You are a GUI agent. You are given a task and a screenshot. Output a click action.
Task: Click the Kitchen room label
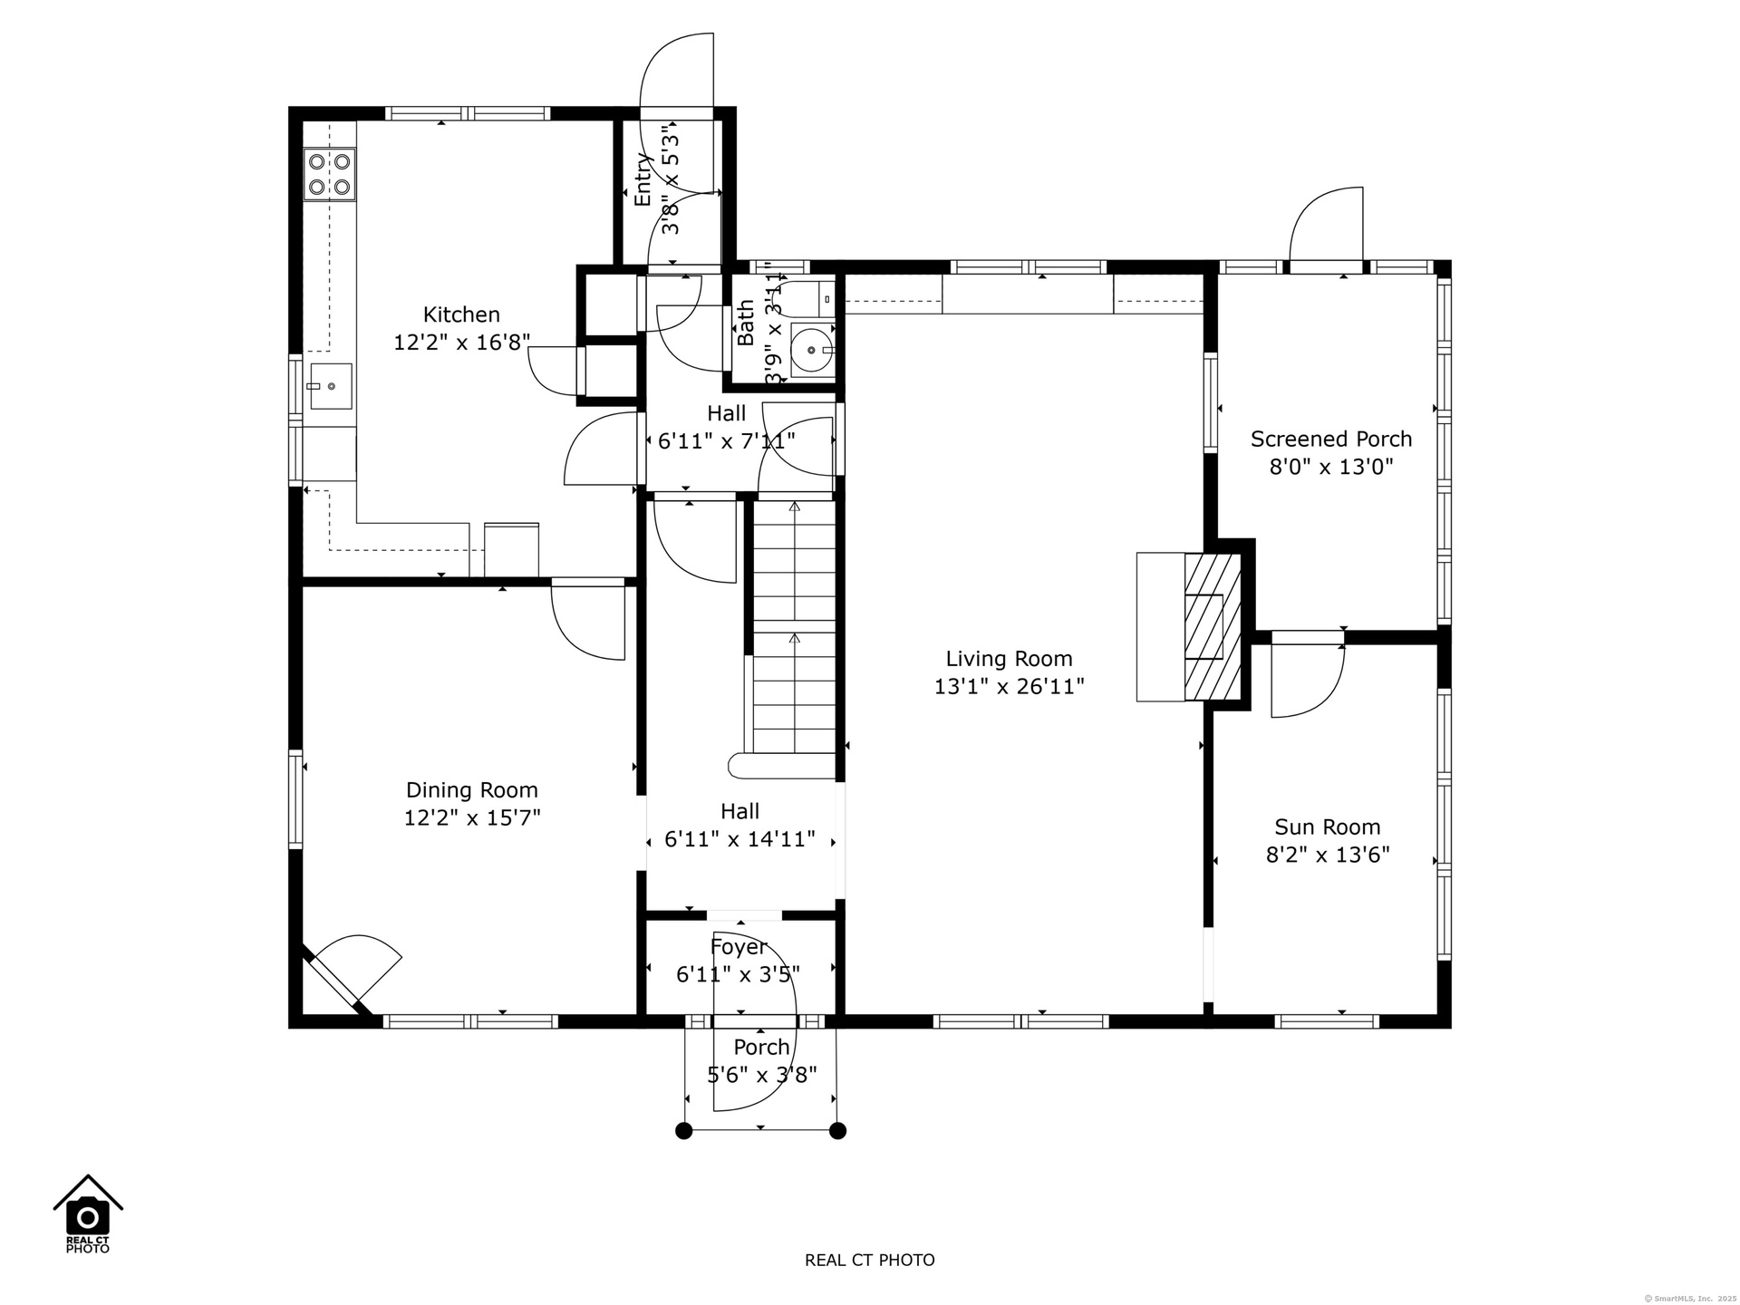pyautogui.click(x=461, y=314)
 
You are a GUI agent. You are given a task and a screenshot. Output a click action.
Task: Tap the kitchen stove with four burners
pyautogui.click(x=330, y=174)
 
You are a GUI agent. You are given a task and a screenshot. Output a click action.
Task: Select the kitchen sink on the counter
pyautogui.click(x=331, y=386)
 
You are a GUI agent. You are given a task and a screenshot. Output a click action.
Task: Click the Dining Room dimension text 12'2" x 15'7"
pyautogui.click(x=472, y=817)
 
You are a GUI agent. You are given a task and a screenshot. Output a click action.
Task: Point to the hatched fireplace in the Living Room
pyautogui.click(x=1213, y=626)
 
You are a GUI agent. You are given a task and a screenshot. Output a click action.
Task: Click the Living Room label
pyautogui.click(x=1009, y=659)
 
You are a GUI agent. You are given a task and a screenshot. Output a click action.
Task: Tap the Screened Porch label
pyautogui.click(x=1331, y=439)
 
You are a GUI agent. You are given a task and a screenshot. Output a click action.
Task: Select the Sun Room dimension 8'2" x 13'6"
pyautogui.click(x=1328, y=855)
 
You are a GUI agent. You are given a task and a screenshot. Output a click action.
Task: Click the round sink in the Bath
pyautogui.click(x=809, y=349)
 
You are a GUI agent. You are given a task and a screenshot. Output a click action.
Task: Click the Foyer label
pyautogui.click(x=739, y=947)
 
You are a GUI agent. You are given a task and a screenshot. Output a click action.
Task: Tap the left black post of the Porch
pyautogui.click(x=684, y=1130)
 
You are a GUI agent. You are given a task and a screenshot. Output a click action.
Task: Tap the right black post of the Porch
pyautogui.click(x=838, y=1130)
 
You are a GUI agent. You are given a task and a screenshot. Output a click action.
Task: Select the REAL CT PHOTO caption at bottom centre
pyautogui.click(x=870, y=1260)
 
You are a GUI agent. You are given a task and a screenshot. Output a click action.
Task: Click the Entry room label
pyautogui.click(x=643, y=179)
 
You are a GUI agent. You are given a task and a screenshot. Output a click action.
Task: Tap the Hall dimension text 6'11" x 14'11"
pyautogui.click(x=739, y=839)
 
